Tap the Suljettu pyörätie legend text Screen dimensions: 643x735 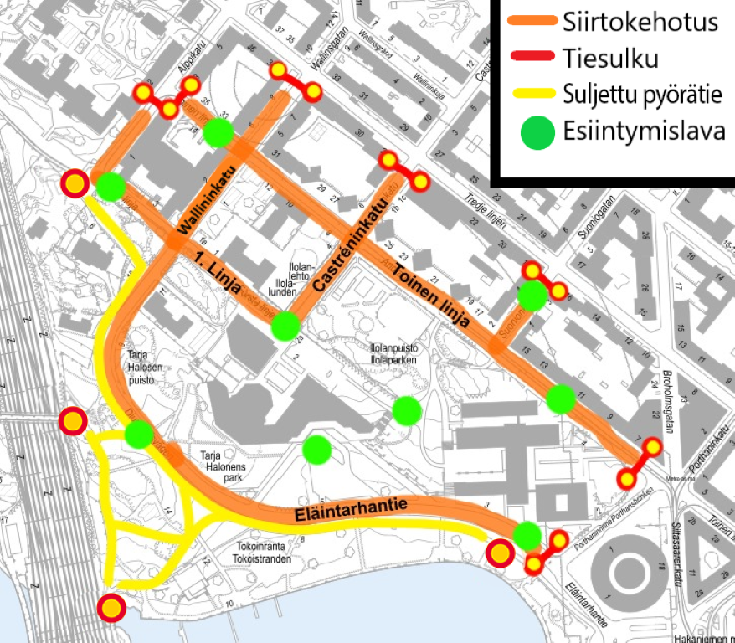pos(643,95)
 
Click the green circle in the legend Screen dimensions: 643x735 pos(537,132)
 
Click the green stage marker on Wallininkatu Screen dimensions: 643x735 pos(218,132)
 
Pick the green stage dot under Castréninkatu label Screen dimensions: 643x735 pos(285,326)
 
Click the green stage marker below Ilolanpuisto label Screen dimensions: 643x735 pos(407,409)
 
